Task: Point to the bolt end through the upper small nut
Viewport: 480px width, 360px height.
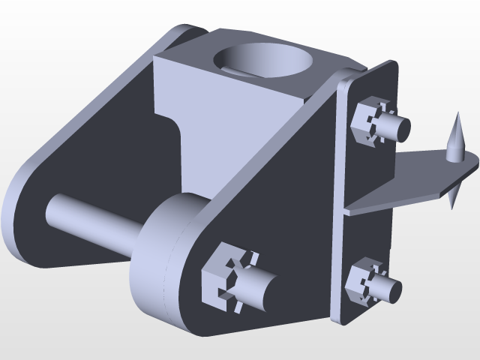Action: [x=400, y=129]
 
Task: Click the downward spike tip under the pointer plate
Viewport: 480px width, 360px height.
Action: [x=453, y=198]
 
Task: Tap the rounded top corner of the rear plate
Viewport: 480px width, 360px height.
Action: [x=184, y=33]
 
